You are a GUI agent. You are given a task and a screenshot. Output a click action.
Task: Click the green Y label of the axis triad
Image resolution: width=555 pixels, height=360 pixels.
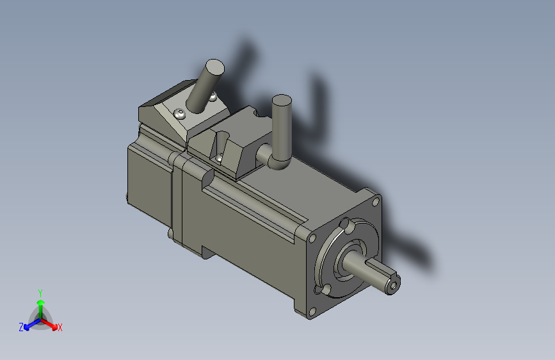click(x=40, y=292)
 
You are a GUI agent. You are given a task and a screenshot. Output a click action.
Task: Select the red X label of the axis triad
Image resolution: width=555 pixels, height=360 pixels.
click(x=60, y=327)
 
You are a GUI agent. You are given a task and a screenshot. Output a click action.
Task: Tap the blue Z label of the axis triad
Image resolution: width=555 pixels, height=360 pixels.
click(x=21, y=327)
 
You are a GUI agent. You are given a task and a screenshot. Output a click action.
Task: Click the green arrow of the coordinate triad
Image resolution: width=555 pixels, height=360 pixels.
click(x=40, y=304)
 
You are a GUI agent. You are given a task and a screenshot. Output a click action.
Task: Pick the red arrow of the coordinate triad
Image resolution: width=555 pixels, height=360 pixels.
click(x=51, y=323)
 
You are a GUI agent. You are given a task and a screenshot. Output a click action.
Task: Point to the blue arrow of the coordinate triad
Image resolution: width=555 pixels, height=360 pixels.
click(x=29, y=323)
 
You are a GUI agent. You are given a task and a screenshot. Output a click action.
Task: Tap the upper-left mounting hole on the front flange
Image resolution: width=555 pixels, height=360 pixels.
click(x=312, y=238)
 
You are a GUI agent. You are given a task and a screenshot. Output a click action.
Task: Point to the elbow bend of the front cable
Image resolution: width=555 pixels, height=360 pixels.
click(x=278, y=161)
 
